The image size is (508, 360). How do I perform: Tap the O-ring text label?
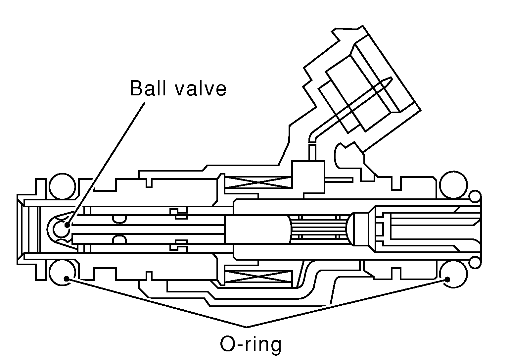pyautogui.click(x=251, y=344)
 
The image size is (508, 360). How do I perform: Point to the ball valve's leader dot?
pyautogui.click(x=68, y=225)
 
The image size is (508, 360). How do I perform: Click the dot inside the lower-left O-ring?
pyautogui.click(x=67, y=279)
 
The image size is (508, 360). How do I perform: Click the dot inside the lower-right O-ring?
pyautogui.click(x=447, y=279)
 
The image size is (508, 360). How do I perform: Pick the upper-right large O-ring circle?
pyautogui.click(x=453, y=185)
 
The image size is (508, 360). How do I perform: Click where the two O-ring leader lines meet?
pyautogui.click(x=247, y=327)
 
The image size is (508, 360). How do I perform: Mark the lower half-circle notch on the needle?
pyautogui.click(x=119, y=238)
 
